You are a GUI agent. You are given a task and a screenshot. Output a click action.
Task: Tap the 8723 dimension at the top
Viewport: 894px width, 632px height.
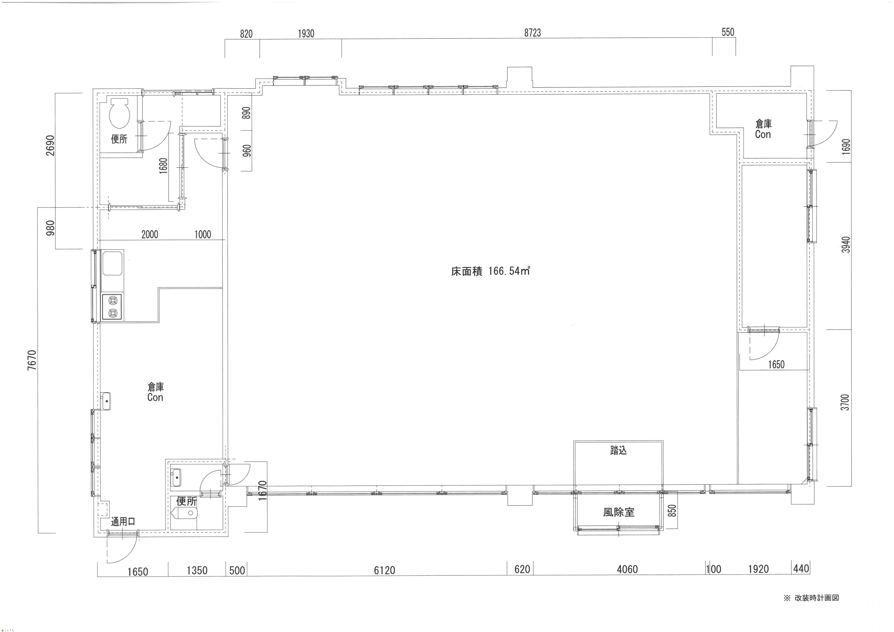[532, 33]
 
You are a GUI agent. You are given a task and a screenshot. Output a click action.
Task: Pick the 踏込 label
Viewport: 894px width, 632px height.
[618, 451]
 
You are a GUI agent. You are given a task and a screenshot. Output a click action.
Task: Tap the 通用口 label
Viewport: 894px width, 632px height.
[123, 522]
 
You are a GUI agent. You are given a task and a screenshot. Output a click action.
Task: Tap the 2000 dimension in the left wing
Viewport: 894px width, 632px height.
[150, 234]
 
